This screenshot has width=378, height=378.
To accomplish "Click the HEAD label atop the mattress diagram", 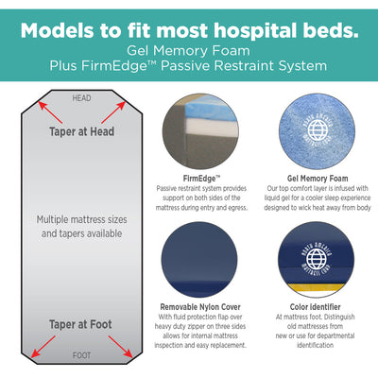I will coord(82,97).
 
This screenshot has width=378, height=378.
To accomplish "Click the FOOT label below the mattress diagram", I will coord(82,356).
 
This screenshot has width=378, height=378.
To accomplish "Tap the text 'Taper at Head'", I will coord(82,131).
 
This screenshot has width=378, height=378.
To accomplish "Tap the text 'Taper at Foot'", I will coord(81,324).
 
